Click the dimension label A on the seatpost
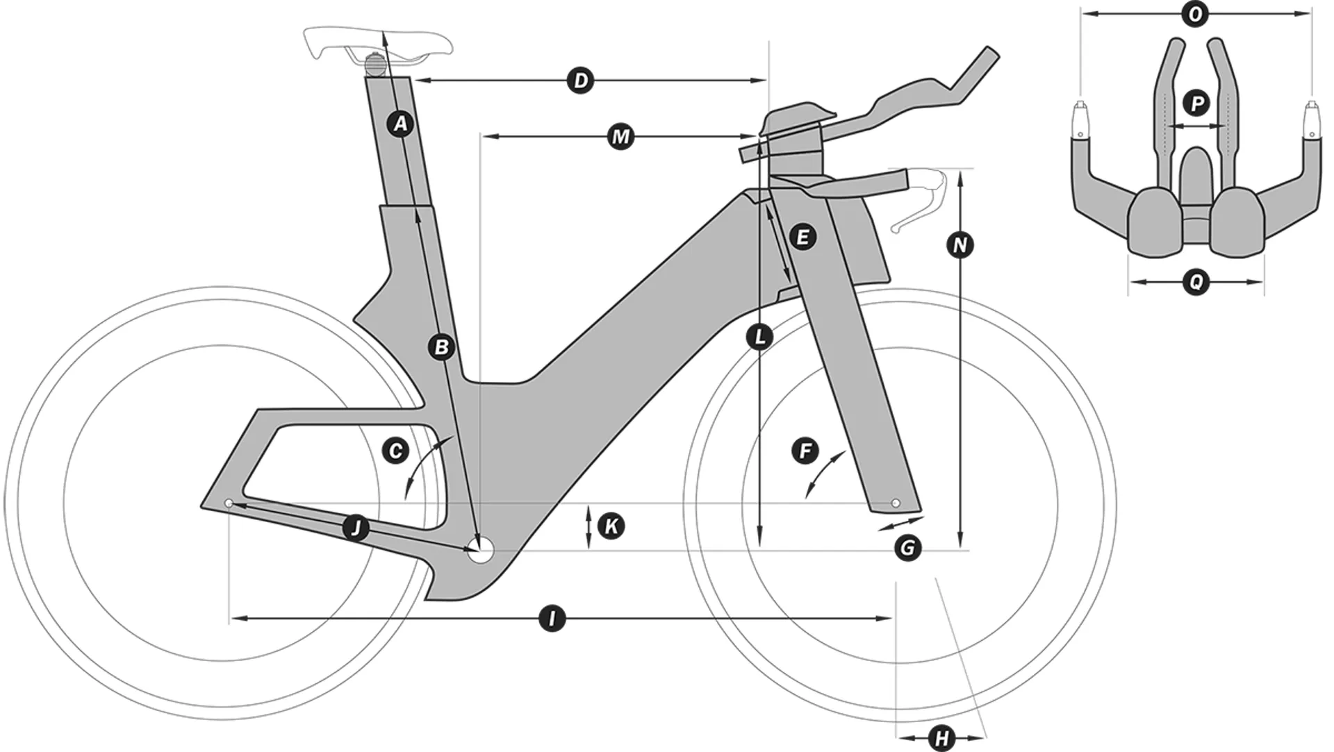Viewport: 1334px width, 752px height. (x=400, y=124)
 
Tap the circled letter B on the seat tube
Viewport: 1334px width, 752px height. (x=441, y=346)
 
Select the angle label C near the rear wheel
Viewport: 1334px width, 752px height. (x=395, y=451)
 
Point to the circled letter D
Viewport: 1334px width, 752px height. (x=581, y=81)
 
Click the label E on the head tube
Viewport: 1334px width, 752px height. (x=802, y=237)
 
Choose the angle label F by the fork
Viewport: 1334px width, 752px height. (x=805, y=451)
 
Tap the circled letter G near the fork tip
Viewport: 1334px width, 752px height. (x=907, y=548)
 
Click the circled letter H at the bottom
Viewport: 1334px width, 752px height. (x=941, y=738)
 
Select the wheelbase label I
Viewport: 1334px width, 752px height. (x=552, y=618)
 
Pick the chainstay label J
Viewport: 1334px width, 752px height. (x=356, y=528)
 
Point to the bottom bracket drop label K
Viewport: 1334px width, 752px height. (x=611, y=526)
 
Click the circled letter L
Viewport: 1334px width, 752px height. (x=759, y=337)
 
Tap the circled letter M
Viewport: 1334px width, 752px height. (x=620, y=136)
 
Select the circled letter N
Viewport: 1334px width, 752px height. (x=960, y=245)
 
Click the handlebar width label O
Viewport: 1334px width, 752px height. (x=1195, y=15)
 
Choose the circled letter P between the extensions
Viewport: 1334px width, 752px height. (x=1196, y=104)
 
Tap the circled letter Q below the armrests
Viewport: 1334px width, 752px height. (x=1196, y=282)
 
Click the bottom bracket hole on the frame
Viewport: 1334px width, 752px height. (x=480, y=552)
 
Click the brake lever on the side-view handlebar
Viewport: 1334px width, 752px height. (x=921, y=206)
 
